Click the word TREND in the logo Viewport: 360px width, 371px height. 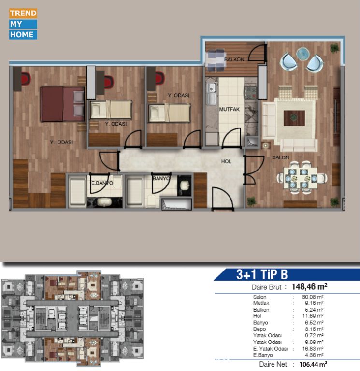pos(23,13)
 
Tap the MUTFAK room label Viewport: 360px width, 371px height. pos(229,109)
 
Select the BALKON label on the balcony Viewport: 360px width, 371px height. pos(234,59)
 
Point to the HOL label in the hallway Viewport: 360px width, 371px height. pos(226,161)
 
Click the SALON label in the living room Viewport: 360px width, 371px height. pos(280,157)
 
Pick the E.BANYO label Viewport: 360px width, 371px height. pos(102,183)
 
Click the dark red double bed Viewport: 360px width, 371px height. pos(62,104)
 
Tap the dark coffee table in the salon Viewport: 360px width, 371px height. pos(294,118)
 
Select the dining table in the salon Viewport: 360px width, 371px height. pos(301,178)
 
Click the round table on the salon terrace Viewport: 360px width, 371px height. pos(302,54)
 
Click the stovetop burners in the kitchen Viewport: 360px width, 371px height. pos(251,93)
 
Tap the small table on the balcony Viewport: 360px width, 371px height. pos(215,60)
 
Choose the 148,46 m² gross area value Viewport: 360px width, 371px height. pos(309,287)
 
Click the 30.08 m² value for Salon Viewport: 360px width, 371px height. pos(313,297)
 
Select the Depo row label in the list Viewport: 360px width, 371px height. pos(259,329)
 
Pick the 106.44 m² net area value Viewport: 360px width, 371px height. pos(313,364)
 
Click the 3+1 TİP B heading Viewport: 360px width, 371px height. pos(262,274)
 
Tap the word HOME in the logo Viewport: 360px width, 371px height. pos(22,35)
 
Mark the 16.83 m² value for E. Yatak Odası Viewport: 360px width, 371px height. pos(313,348)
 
